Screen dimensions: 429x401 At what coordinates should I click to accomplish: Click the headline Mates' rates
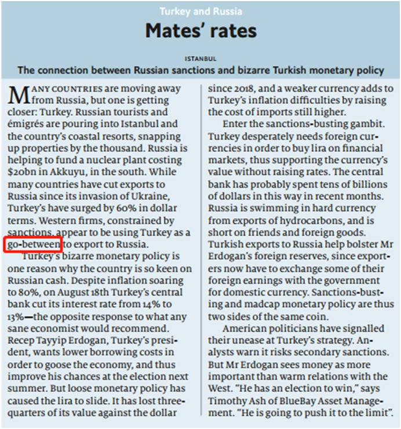pos(200,31)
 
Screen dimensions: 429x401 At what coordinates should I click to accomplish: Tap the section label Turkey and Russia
pos(200,11)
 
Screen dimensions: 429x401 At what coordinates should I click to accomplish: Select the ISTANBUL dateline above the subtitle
pos(200,59)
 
